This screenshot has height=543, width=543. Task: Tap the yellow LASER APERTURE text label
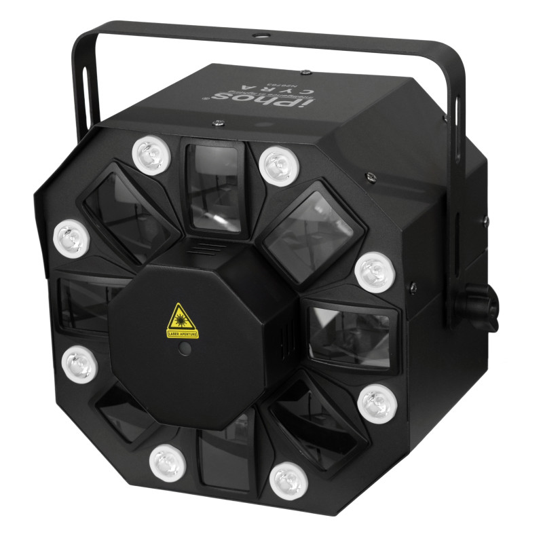(181, 334)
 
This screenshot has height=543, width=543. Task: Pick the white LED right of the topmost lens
(276, 164)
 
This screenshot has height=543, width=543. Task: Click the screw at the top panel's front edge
(218, 124)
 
